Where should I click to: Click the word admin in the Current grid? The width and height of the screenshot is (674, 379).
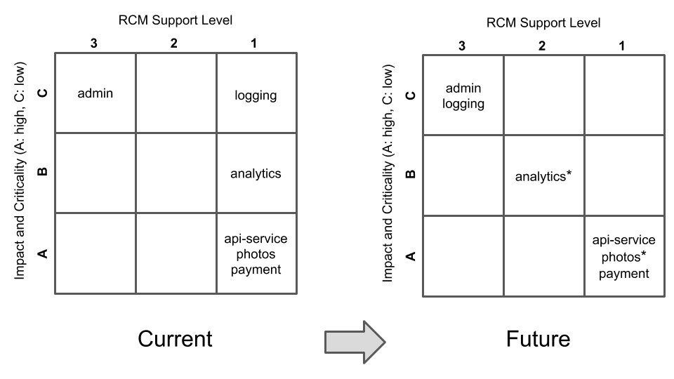tap(95, 93)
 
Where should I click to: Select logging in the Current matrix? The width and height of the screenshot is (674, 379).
tap(256, 95)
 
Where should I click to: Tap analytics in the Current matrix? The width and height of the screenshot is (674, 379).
tap(256, 173)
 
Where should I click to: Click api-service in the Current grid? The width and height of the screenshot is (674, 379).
tap(256, 239)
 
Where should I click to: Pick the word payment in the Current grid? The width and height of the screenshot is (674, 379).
tap(256, 269)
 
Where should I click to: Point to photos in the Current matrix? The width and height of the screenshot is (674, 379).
tap(256, 253)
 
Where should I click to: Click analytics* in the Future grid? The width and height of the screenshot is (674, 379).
tap(543, 176)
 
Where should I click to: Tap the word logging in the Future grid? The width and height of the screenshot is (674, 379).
tap(463, 104)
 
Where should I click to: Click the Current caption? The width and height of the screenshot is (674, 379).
tap(175, 339)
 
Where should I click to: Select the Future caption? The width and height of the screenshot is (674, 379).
tap(538, 339)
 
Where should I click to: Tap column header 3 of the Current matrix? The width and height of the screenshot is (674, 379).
tap(93, 44)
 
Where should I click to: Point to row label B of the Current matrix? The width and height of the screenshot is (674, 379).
tap(43, 171)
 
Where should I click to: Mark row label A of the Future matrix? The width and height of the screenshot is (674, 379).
tap(411, 256)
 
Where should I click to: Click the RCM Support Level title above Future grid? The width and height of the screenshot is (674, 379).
tap(543, 23)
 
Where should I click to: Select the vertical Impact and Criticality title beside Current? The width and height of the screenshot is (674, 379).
tap(20, 172)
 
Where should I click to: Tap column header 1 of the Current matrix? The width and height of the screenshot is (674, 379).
tap(253, 44)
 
